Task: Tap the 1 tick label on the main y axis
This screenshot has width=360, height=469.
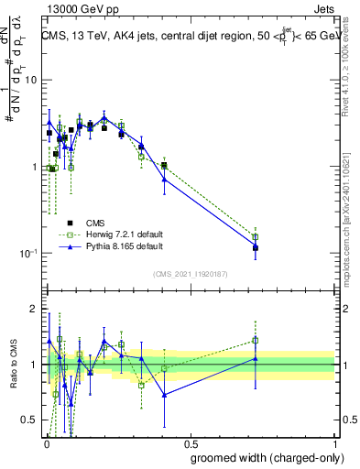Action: click(x=34, y=167)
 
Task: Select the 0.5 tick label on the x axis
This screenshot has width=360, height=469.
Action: click(x=190, y=442)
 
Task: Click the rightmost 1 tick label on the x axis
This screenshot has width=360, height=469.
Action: click(x=334, y=442)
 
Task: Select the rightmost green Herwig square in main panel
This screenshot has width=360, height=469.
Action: click(x=256, y=237)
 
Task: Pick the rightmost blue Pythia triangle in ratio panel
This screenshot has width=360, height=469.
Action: click(x=256, y=359)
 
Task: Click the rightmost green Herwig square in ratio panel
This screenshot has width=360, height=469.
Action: click(x=256, y=340)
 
